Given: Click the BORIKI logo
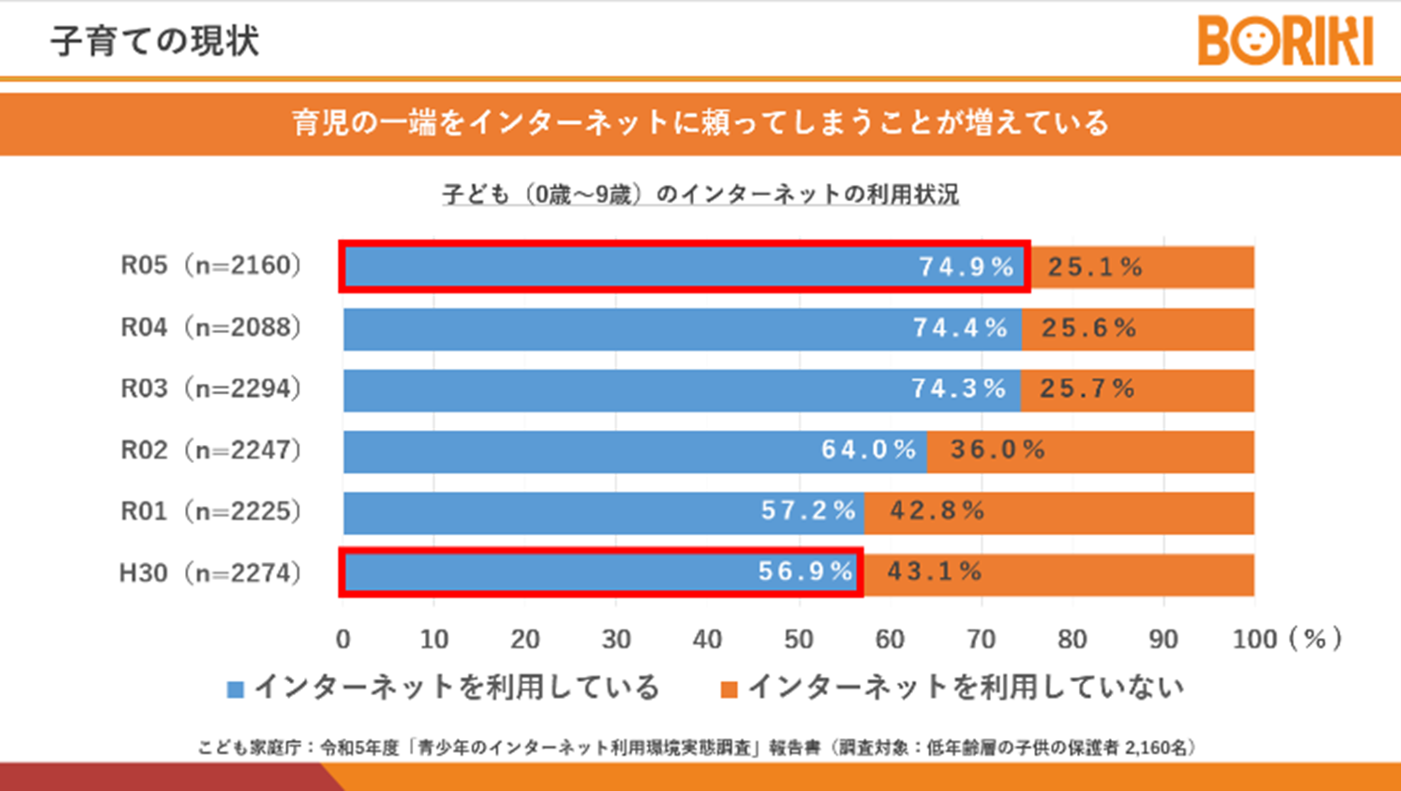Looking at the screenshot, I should point(1285,41).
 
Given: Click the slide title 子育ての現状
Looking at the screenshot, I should point(155,41).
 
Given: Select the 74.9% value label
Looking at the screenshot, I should point(966,267).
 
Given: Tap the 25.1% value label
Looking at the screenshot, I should point(1094,267).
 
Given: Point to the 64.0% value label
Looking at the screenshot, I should point(869,450).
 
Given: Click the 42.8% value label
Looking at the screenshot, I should point(937,511).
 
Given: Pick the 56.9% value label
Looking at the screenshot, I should point(805,571).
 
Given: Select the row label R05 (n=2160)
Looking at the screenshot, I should point(211,265).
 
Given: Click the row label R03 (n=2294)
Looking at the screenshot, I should point(211,388).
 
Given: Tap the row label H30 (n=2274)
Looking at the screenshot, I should point(210,573).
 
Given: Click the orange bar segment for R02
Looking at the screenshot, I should point(1156,452).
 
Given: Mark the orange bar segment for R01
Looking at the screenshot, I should point(1122,513).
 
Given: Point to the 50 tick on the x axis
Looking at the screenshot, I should point(799,639).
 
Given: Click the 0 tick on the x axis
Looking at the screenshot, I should point(343,639).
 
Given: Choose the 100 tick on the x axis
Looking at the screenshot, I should point(1254,639).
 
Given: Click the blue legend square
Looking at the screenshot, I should point(235,690).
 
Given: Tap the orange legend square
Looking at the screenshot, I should point(729,690).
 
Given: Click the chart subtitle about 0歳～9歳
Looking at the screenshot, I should point(700,195).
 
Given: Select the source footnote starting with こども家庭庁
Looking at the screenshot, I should point(697,747).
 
